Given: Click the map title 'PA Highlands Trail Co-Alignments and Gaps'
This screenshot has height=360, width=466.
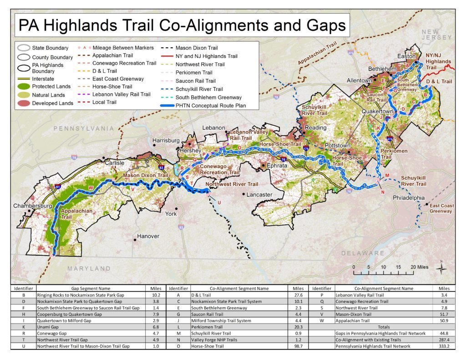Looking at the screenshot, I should tap(182, 25).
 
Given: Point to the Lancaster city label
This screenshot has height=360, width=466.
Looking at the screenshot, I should tap(259, 195).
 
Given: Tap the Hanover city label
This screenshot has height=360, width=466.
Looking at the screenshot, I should tap(148, 236).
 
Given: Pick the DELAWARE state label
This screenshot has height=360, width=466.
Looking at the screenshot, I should tap(363, 253).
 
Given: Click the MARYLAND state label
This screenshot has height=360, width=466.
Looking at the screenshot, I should tap(89, 269).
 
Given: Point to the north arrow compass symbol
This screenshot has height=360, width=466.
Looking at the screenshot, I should tap(441, 268).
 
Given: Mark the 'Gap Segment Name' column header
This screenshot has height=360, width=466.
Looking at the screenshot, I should tap(91, 288).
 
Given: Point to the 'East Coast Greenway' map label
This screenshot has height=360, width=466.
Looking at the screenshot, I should tap(441, 208).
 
